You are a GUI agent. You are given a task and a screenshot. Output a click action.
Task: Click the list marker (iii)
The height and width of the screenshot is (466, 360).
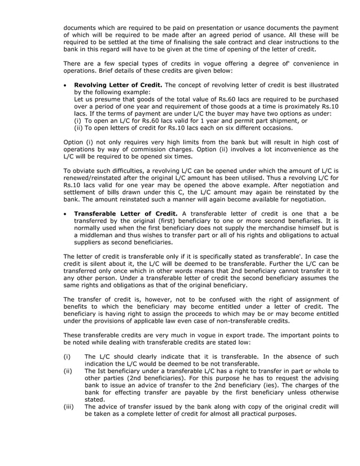click(x=68, y=406)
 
